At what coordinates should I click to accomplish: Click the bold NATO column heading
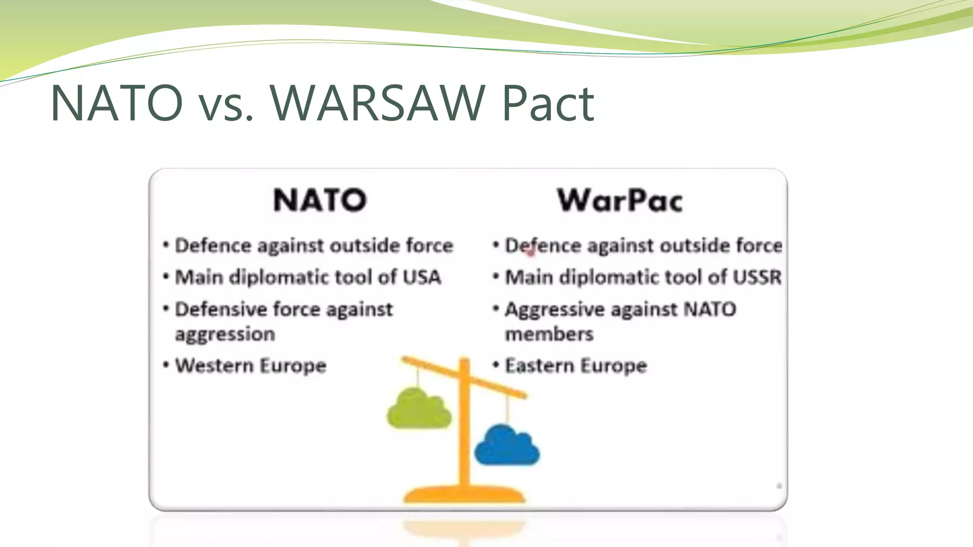[320, 200]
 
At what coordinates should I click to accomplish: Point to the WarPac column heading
[620, 200]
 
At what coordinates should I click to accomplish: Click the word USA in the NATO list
[422, 277]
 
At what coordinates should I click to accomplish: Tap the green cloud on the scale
[419, 409]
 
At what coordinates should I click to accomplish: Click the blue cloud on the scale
[506, 446]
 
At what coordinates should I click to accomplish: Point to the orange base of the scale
[464, 495]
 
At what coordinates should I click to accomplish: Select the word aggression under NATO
[225, 335]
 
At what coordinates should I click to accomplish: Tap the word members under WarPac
[549, 334]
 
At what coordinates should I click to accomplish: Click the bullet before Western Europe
[166, 365]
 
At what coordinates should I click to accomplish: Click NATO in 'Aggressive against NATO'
[709, 309]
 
